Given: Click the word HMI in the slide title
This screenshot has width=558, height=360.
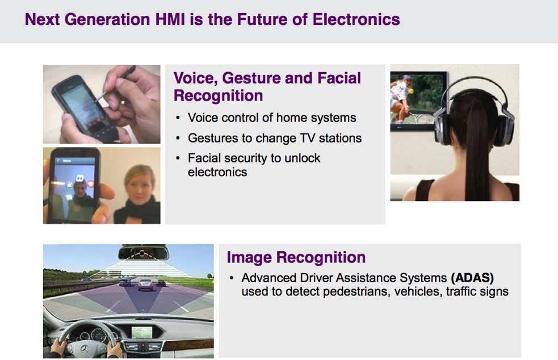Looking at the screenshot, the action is tap(170, 19).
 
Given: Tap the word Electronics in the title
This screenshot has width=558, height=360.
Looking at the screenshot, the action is tap(356, 19).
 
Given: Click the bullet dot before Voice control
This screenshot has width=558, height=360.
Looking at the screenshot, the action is tap(178, 118).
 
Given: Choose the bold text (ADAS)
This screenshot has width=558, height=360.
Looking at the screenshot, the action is tap(472, 278).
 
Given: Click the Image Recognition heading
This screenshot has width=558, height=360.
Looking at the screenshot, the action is tap(296, 257).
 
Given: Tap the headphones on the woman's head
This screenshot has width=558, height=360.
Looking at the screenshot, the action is tap(473, 110).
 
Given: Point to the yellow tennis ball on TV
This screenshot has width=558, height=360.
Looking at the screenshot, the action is tap(412, 91).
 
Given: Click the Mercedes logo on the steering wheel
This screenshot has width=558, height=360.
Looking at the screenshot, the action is tap(85, 349).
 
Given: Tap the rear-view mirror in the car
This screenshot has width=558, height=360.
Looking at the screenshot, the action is tap(142, 253).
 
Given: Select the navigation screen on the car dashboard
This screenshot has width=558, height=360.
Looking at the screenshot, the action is tap(142, 332).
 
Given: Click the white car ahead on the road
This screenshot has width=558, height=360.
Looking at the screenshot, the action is tap(146, 284).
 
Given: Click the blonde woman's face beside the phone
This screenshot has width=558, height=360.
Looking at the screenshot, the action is tap(140, 185).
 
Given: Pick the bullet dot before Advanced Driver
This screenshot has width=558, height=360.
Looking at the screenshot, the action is tap(231, 278).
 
